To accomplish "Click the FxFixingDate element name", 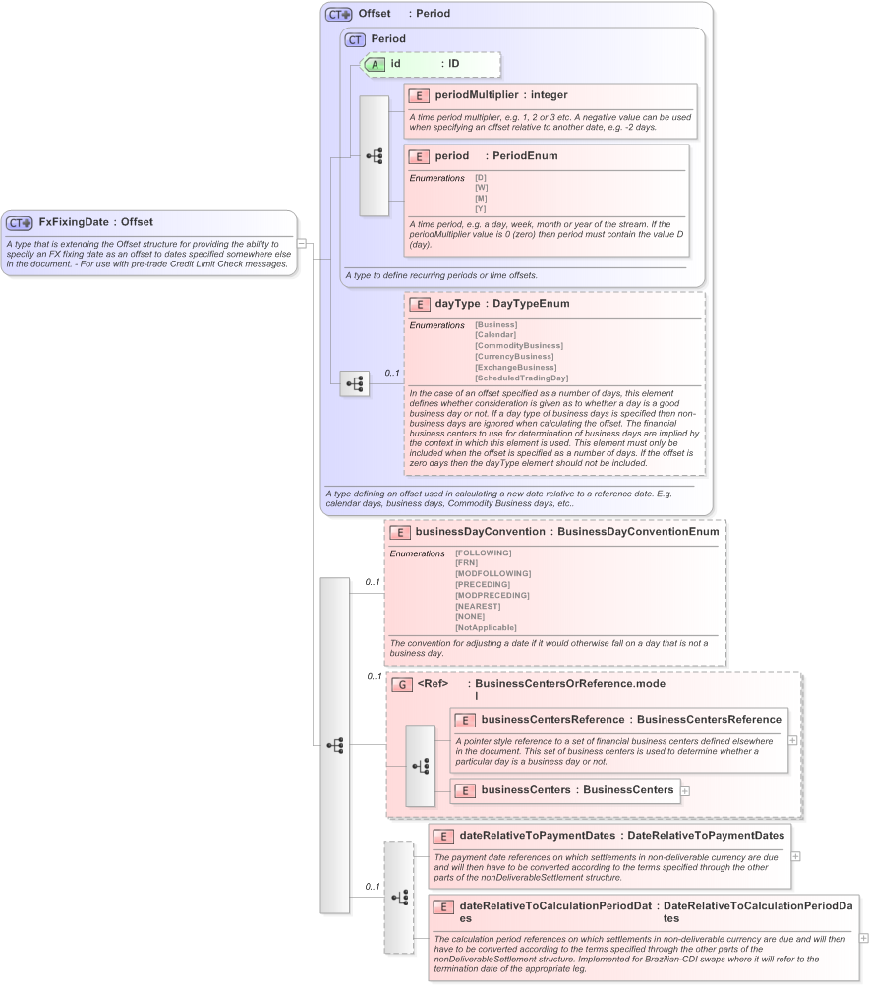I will pos(74,222).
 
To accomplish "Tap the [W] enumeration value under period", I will pos(481,188).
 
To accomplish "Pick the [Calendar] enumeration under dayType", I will pos(494,335).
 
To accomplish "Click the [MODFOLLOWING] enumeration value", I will pos(492,573).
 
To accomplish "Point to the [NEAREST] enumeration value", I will pos(477,606).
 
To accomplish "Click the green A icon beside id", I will pos(375,64).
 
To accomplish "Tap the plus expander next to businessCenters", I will pos(685,790).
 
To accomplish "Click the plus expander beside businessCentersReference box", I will pos(792,740).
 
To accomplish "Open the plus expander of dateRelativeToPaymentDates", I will pos(795,856).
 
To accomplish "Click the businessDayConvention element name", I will pos(480,532).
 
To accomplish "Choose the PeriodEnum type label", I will pos(524,156).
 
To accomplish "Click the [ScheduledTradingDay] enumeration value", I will pos(521,378).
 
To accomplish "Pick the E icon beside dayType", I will pos(420,304).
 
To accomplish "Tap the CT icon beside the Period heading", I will pos(355,39).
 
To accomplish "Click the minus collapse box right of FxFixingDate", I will pos(303,243).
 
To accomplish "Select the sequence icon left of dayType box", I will pos(354,383).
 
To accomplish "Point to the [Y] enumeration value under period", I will pos(481,208).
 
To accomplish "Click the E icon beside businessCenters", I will pos(465,790).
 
